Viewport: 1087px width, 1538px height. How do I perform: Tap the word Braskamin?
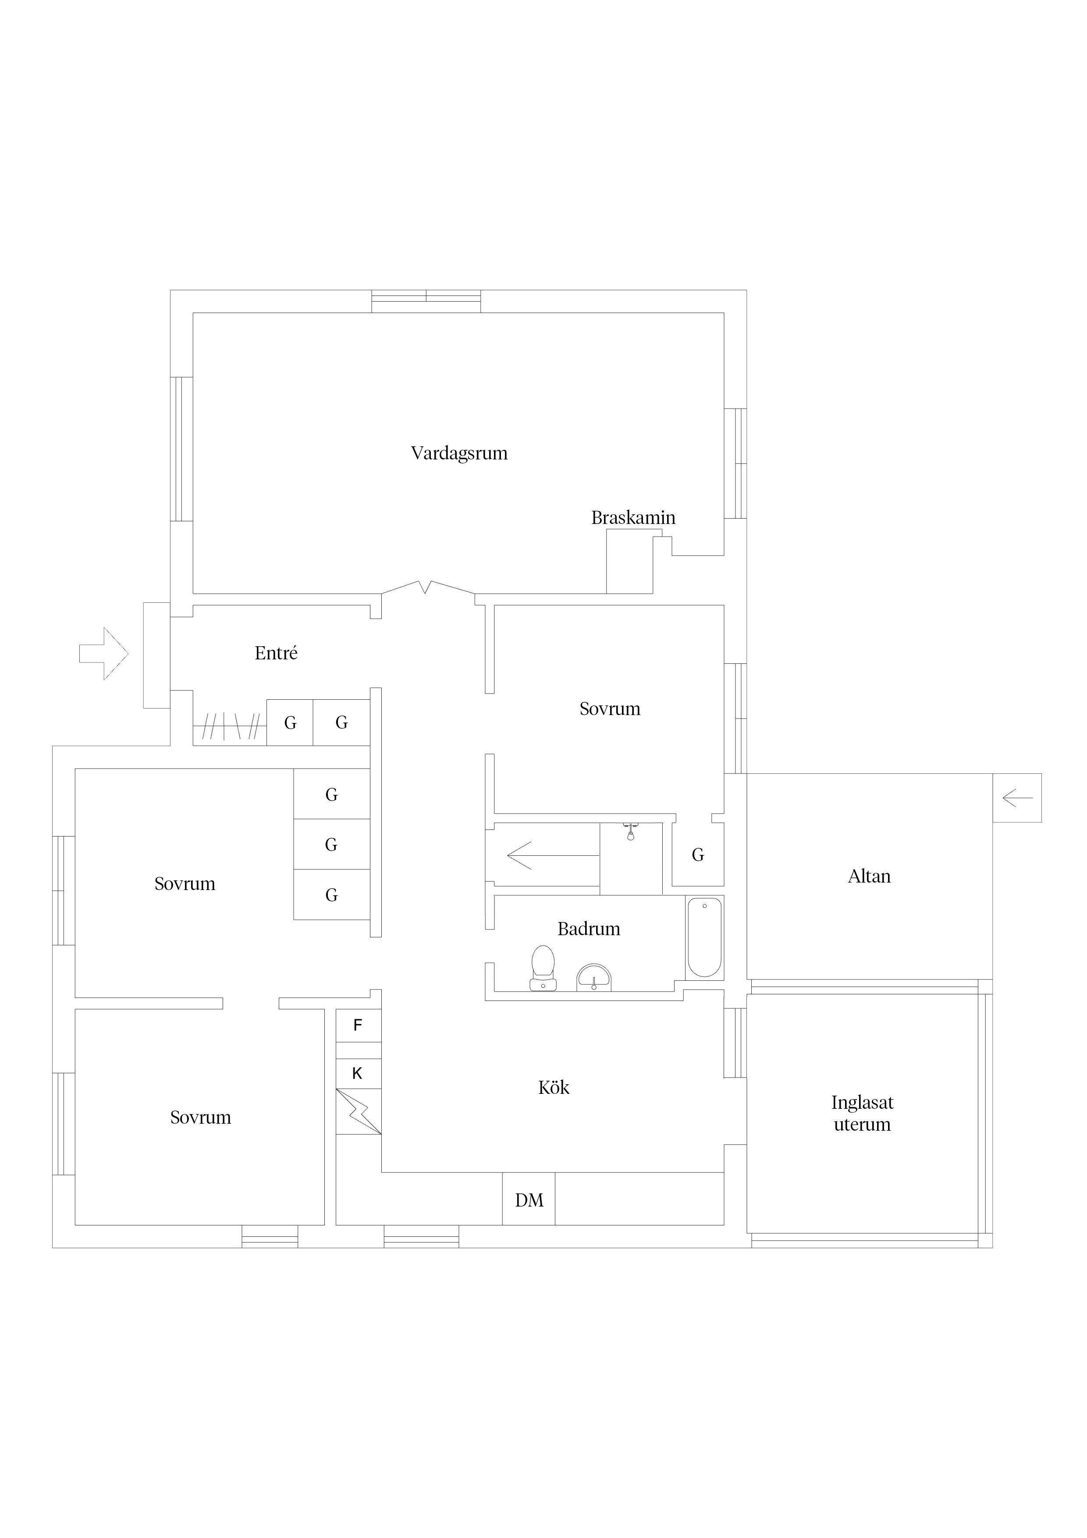pyautogui.click(x=633, y=518)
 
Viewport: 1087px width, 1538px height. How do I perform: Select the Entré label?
pyautogui.click(x=276, y=653)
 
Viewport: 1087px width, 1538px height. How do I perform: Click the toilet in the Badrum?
pyautogui.click(x=543, y=968)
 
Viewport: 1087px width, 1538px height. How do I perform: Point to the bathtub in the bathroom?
pyautogui.click(x=704, y=938)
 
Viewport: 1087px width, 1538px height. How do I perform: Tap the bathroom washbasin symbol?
pyautogui.click(x=594, y=978)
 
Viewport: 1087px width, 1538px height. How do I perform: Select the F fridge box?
pyautogui.click(x=358, y=1025)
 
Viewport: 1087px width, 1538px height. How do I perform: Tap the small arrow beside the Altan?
pyautogui.click(x=1018, y=798)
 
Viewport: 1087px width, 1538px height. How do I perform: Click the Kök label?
pyautogui.click(x=554, y=1087)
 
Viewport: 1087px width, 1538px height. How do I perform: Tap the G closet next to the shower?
pyautogui.click(x=698, y=855)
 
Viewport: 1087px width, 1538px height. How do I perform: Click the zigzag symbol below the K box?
pyautogui.click(x=358, y=1112)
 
